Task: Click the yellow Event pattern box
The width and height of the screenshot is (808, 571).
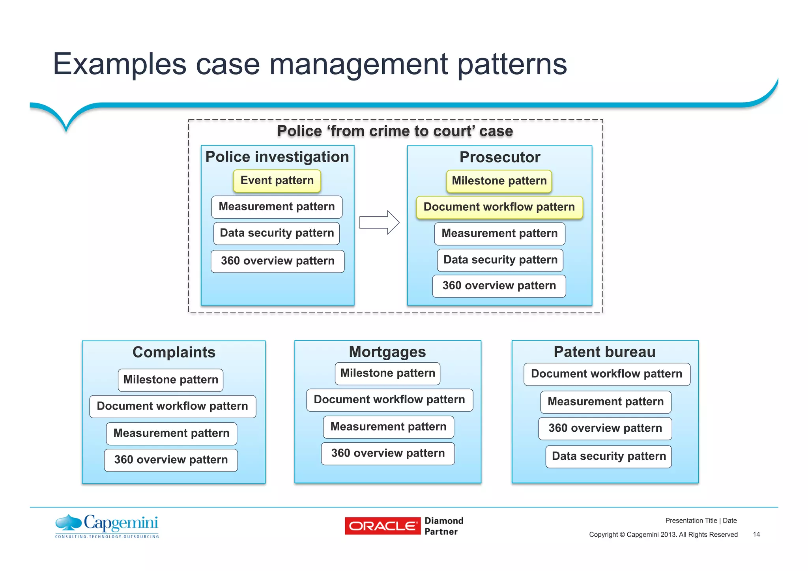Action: (277, 181)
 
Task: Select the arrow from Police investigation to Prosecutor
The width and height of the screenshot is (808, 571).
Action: (379, 223)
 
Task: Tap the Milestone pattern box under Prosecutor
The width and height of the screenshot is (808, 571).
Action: (499, 181)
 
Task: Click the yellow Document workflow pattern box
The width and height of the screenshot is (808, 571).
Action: (499, 207)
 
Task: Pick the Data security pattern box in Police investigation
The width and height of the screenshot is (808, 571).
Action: (277, 233)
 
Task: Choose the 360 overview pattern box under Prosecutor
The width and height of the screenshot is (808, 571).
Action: (499, 286)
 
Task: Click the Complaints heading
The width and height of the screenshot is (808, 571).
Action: (174, 352)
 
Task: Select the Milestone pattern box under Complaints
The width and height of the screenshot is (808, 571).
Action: (170, 380)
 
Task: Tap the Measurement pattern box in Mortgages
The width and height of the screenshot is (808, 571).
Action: (388, 427)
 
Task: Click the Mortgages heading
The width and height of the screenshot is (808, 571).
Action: (387, 352)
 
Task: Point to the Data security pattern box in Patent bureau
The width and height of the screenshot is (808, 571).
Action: (608, 457)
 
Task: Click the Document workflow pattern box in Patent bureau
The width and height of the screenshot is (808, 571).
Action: (606, 374)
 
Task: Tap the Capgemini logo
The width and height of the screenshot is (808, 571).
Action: (107, 526)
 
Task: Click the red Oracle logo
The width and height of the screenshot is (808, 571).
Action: (382, 526)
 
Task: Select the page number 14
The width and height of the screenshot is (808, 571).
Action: (756, 534)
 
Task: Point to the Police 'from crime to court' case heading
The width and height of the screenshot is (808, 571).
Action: (395, 131)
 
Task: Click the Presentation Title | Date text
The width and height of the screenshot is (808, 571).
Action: (701, 520)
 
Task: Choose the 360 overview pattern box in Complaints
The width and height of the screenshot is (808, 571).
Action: (171, 460)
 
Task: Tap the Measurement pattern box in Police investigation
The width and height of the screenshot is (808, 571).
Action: (277, 207)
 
